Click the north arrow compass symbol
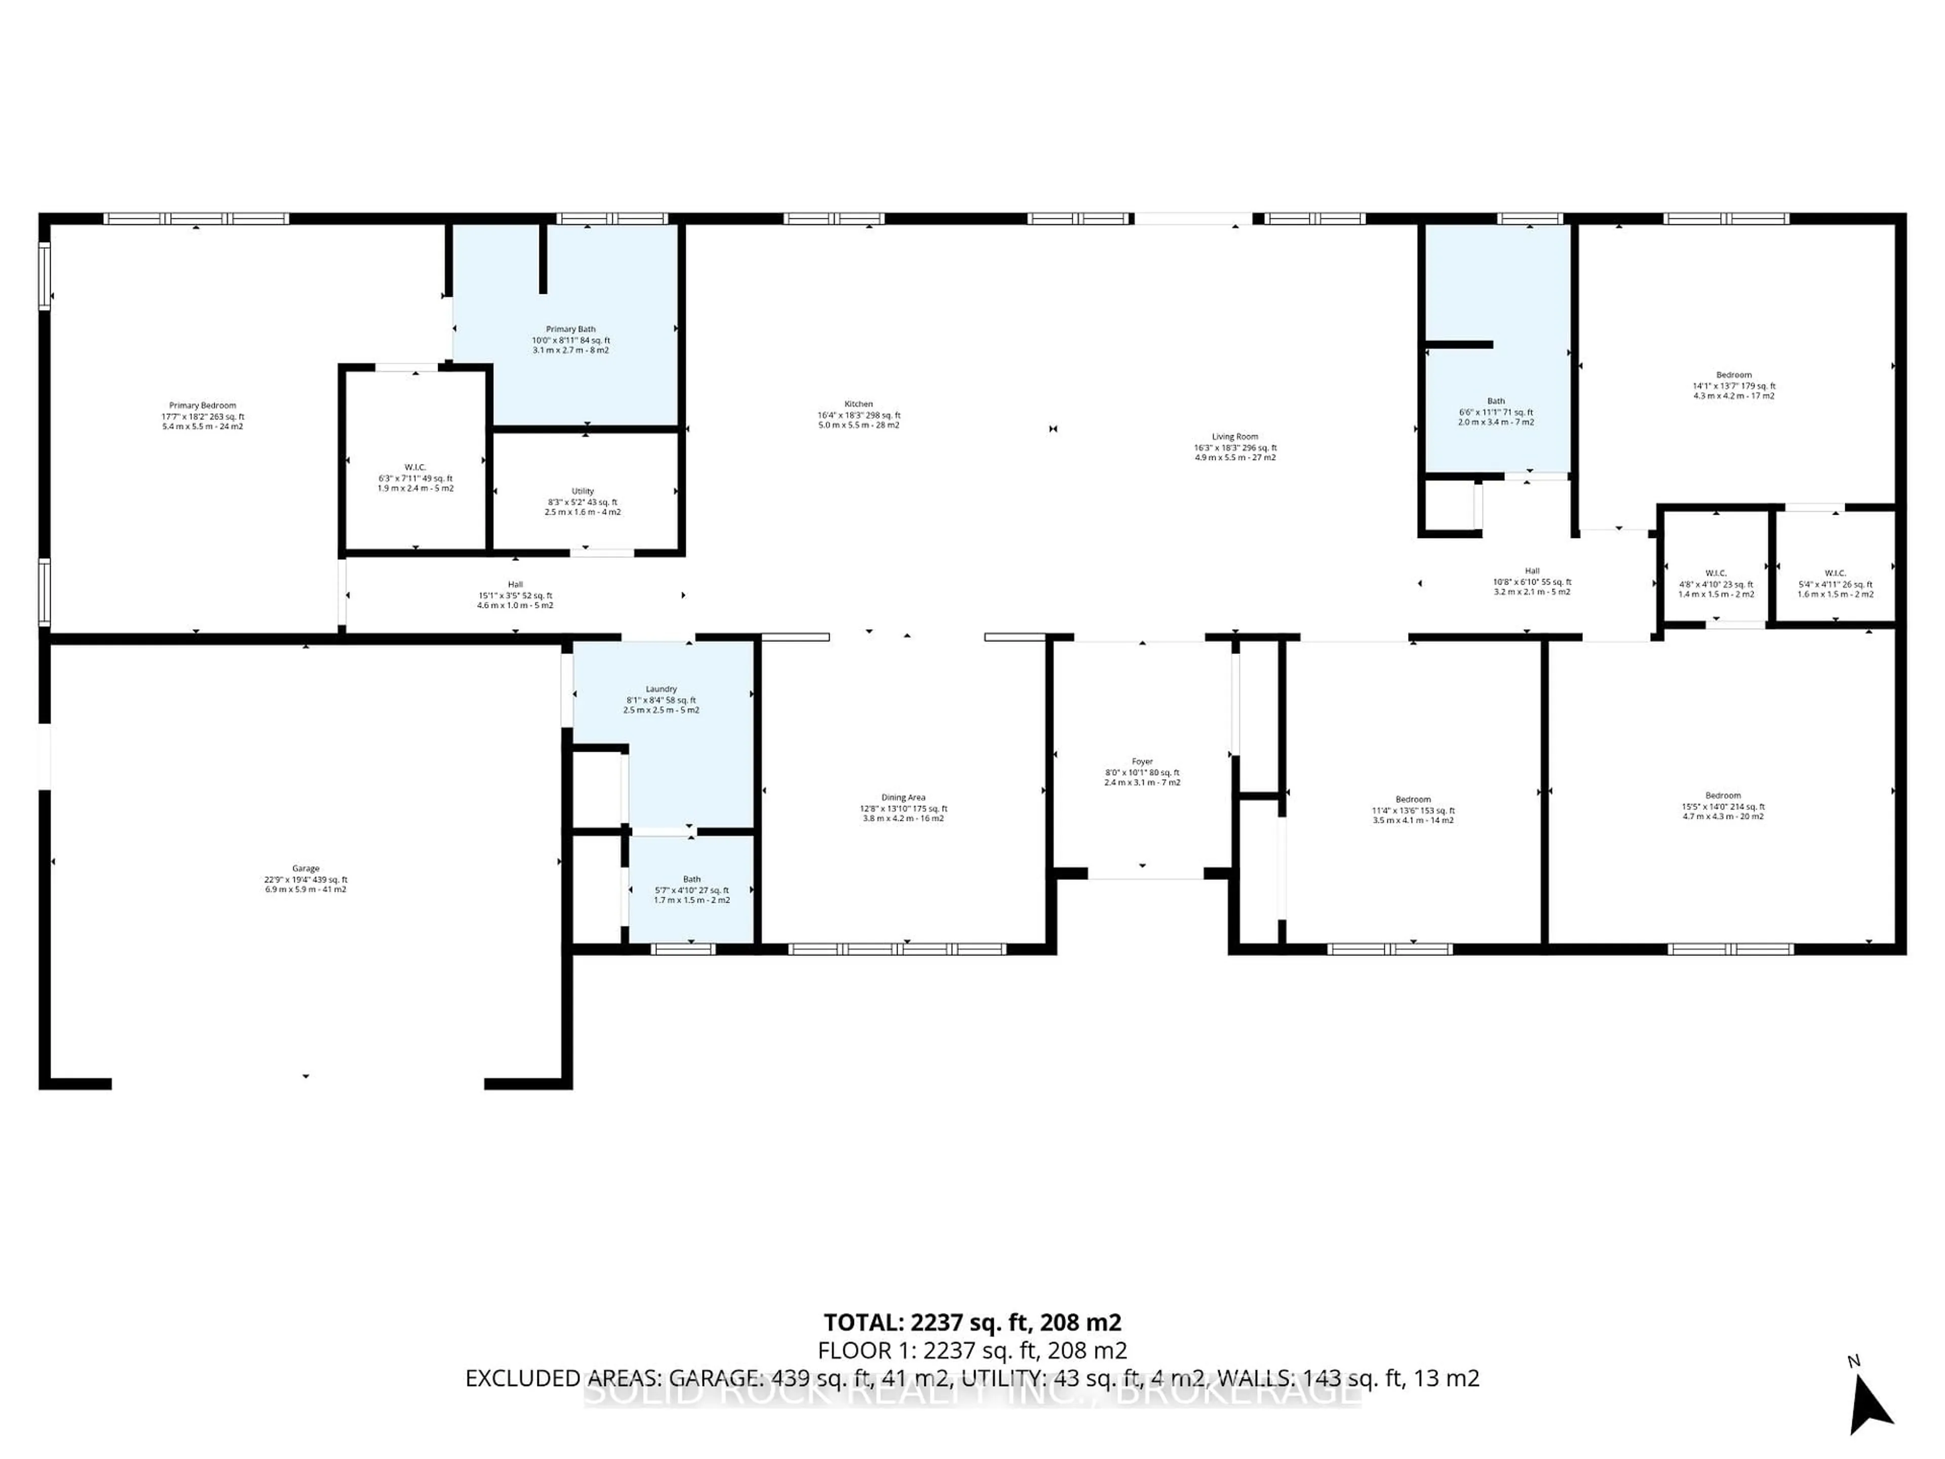click(1870, 1411)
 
